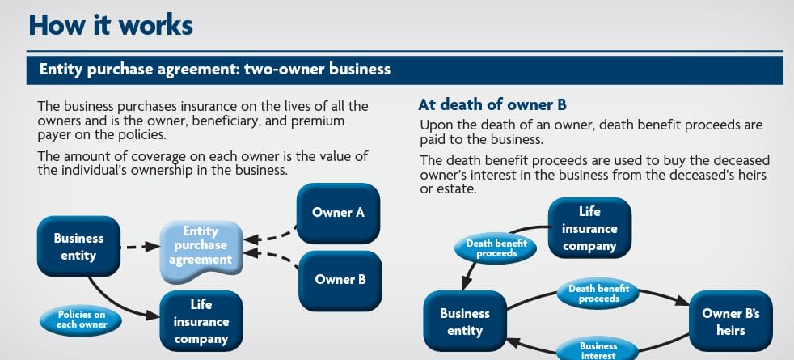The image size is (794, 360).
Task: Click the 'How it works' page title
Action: [110, 24]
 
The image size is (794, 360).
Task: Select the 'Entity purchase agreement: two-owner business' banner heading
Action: [214, 70]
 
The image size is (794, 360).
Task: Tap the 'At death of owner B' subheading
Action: [492, 104]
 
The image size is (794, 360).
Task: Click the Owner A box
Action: [338, 213]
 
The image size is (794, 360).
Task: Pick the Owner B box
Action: [340, 280]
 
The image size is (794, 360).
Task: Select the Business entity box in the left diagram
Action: [78, 247]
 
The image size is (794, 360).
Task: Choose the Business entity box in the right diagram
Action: [464, 321]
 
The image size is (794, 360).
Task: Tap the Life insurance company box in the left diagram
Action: [201, 320]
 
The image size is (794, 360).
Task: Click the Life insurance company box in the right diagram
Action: [589, 228]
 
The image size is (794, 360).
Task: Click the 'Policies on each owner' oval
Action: [81, 320]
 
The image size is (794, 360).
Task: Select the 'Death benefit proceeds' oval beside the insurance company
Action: [496, 248]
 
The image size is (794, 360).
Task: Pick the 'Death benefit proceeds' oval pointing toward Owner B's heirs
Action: [599, 294]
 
